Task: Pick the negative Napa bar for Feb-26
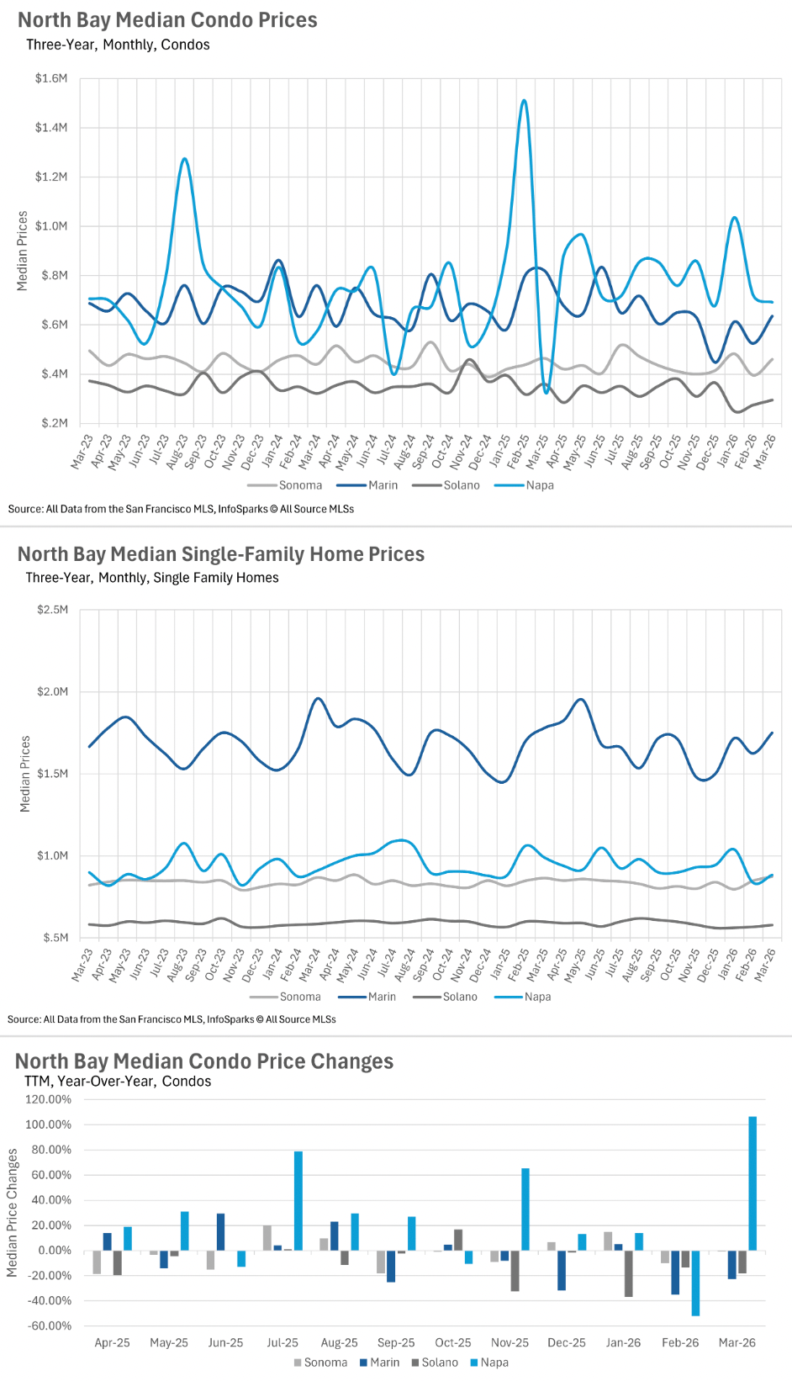pyautogui.click(x=695, y=1283)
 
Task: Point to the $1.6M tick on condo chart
pyautogui.click(x=51, y=78)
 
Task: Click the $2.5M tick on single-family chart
pyautogui.click(x=53, y=610)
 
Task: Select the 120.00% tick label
pyautogui.click(x=49, y=1099)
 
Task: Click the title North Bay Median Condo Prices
pyautogui.click(x=167, y=20)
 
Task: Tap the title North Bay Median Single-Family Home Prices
pyautogui.click(x=221, y=554)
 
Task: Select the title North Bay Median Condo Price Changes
pyautogui.click(x=204, y=1061)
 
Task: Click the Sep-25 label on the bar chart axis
pyautogui.click(x=396, y=1342)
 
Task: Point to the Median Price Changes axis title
pyautogui.click(x=13, y=1214)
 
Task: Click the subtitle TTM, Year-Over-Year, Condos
pyautogui.click(x=118, y=1082)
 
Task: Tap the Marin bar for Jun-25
pyautogui.click(x=220, y=1231)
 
